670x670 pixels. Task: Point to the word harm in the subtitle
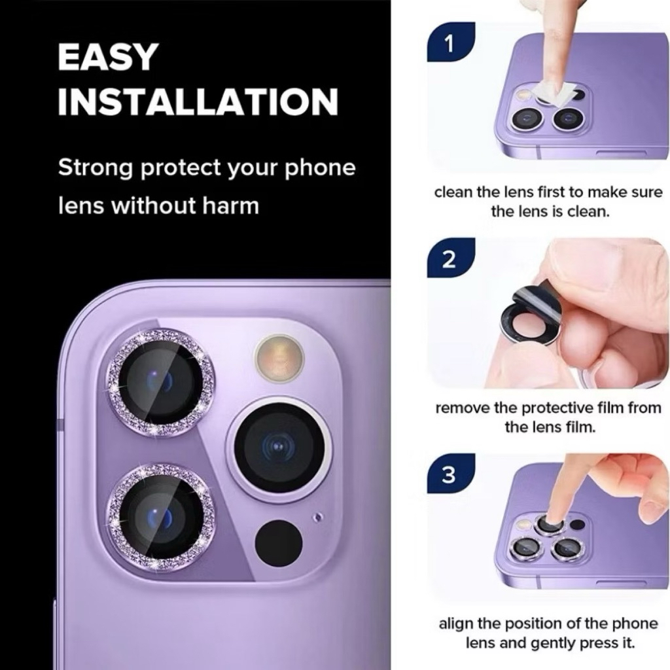230,205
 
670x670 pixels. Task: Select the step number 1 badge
450,43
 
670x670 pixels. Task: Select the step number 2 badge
450,258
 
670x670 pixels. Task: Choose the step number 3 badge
450,474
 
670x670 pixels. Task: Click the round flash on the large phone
279,357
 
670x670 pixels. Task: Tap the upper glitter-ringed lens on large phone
160,381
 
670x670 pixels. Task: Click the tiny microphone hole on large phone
317,518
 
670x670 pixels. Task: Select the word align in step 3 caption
455,624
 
